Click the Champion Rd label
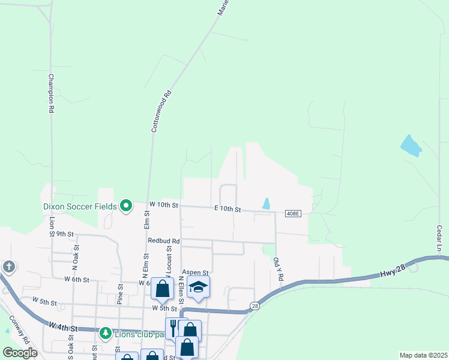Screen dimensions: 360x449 [51, 94]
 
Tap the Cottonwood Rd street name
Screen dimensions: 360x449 [160, 110]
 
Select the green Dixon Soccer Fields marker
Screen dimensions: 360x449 [125, 206]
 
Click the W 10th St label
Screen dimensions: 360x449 [164, 205]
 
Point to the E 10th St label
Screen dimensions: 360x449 [228, 209]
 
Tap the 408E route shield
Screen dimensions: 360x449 [292, 214]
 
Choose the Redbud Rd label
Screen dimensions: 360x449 [159, 241]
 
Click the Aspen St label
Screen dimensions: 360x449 [195, 272]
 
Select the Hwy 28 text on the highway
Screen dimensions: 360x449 [393, 268]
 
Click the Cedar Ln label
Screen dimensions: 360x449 [439, 239]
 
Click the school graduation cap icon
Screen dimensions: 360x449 [199, 287]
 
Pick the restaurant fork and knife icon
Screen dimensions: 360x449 [173, 327]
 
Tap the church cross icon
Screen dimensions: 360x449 [9, 266]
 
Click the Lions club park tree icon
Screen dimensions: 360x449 [106, 332]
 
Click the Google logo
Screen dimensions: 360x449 [20, 352]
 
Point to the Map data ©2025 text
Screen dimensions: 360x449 [423, 355]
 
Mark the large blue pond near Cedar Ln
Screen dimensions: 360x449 [411, 146]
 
